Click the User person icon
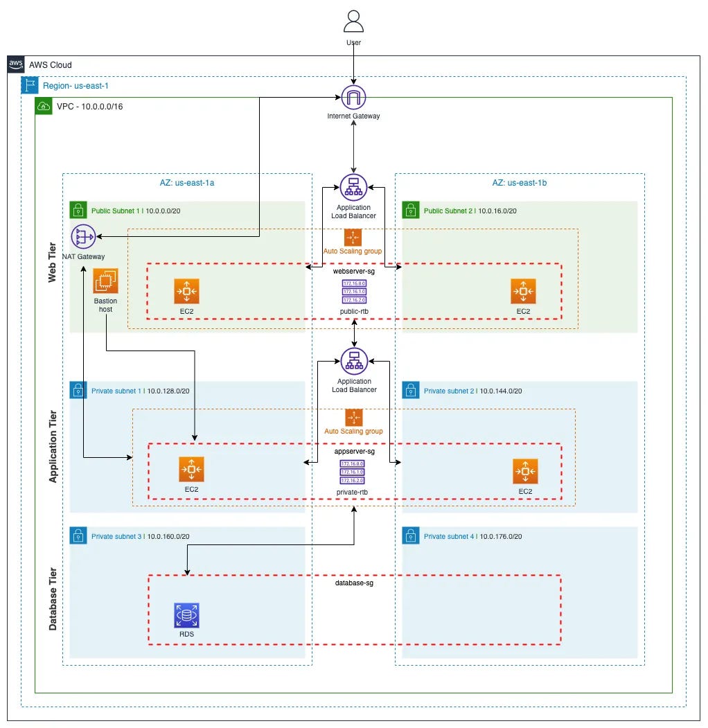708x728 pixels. [x=353, y=21]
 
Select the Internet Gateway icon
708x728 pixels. [x=354, y=98]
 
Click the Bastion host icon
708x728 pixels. [x=106, y=281]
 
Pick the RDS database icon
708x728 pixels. [x=186, y=614]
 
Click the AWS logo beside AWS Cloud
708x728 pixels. [x=16, y=64]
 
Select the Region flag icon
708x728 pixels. [x=30, y=85]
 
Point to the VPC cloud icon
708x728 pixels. [x=44, y=106]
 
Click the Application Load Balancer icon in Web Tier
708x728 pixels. [x=354, y=187]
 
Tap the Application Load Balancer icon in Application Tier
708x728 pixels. [x=354, y=361]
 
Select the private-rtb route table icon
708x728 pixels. [x=353, y=472]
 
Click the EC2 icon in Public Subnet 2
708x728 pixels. [x=523, y=292]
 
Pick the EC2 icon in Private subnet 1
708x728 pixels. [x=191, y=470]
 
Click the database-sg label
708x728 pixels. [x=354, y=583]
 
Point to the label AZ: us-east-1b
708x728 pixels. [x=520, y=183]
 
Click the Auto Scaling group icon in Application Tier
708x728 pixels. [x=354, y=417]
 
